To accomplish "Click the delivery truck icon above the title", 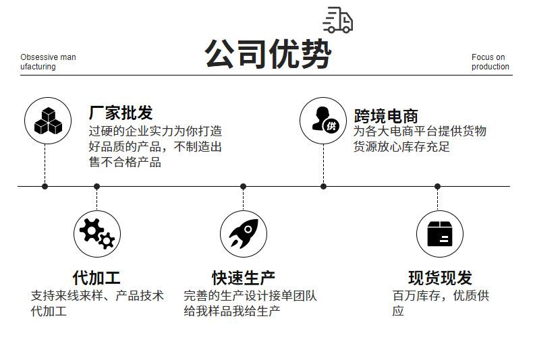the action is click(338, 20).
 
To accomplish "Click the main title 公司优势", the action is click(268, 54).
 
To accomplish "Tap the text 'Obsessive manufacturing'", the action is click(48, 62).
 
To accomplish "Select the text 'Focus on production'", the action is click(490, 62).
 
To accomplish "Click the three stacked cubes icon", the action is click(48, 121).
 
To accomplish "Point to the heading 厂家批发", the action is click(121, 113).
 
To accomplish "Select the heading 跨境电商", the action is click(386, 116).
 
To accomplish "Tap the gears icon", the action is click(97, 234).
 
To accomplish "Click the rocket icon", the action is click(244, 233).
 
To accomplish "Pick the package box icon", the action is click(440, 234).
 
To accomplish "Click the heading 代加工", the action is click(96, 278).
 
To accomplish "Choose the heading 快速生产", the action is click(244, 278).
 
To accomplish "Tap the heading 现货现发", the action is click(440, 278).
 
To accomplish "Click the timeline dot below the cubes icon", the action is click(45, 187).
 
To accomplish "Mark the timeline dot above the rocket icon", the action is click(243, 187).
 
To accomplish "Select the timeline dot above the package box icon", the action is click(437, 187).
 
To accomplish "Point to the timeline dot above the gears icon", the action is click(97, 187).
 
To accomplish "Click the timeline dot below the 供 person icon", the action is click(324, 187).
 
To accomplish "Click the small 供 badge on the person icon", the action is click(331, 126).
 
